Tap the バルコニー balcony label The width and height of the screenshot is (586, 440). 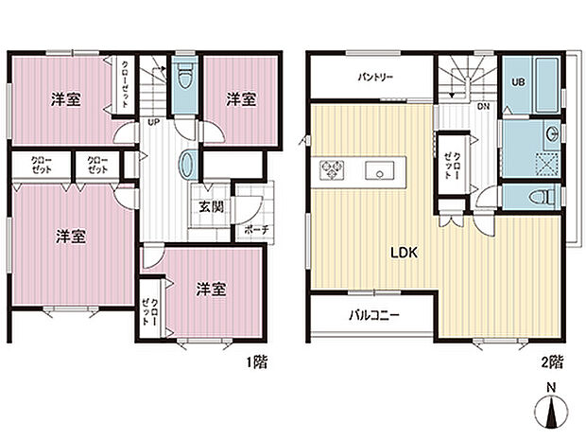[x=372, y=316]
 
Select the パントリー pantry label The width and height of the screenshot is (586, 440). [x=374, y=77]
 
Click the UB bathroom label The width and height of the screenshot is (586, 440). [x=518, y=81]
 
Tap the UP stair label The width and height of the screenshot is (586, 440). [x=151, y=121]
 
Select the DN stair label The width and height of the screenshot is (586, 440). [x=483, y=106]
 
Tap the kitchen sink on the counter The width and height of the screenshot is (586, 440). [x=384, y=171]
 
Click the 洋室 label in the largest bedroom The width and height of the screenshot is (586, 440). [x=69, y=237]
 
